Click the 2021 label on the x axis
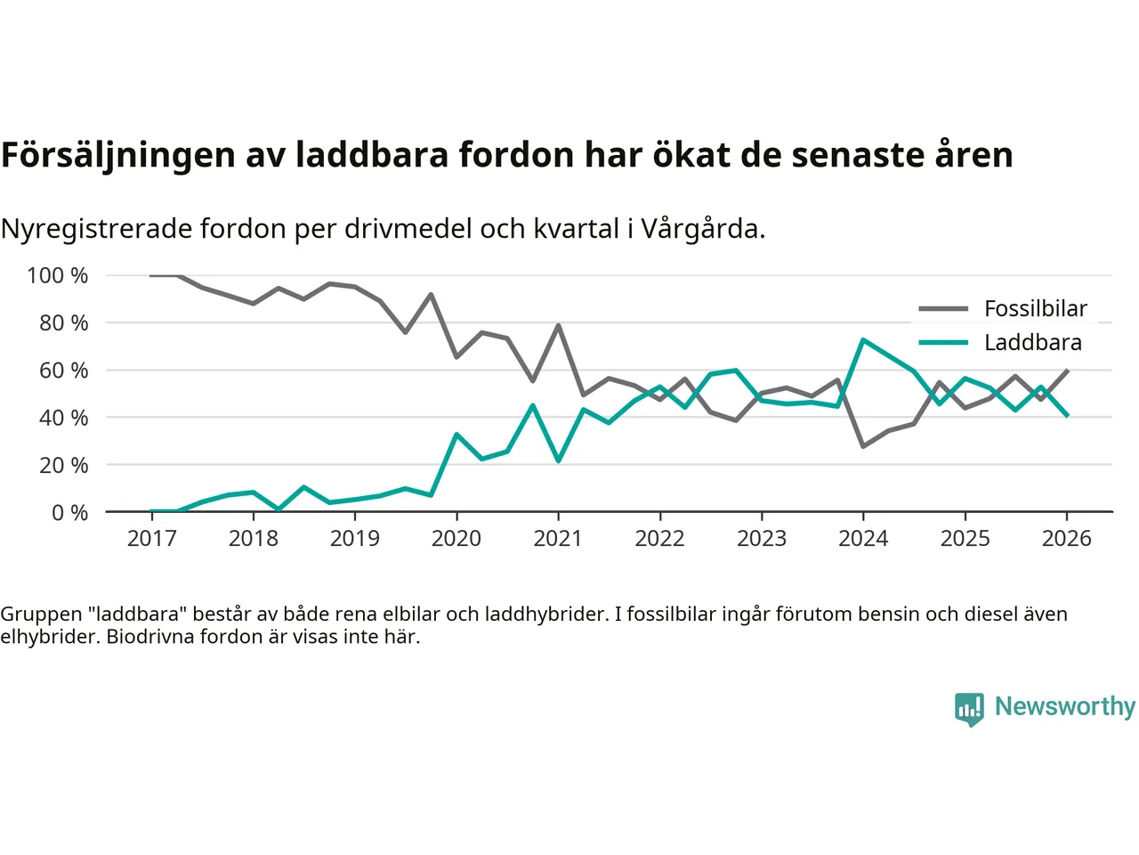pos(558,539)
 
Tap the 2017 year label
pos(151,539)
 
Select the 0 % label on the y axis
pos(69,513)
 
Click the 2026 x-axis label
pos(1066,539)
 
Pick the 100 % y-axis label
pos(58,276)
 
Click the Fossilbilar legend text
pos(1035,309)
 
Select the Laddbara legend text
pos(1032,343)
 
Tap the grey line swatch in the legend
pos(943,309)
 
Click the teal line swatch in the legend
pos(943,343)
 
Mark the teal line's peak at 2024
pos(863,339)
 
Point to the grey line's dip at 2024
pos(863,446)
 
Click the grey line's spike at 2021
pos(558,325)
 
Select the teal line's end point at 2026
pos(1067,415)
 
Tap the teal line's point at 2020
pos(456,435)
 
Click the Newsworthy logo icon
pos(969,709)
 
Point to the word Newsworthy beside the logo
pos(1064,706)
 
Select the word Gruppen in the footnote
pos(41,614)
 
